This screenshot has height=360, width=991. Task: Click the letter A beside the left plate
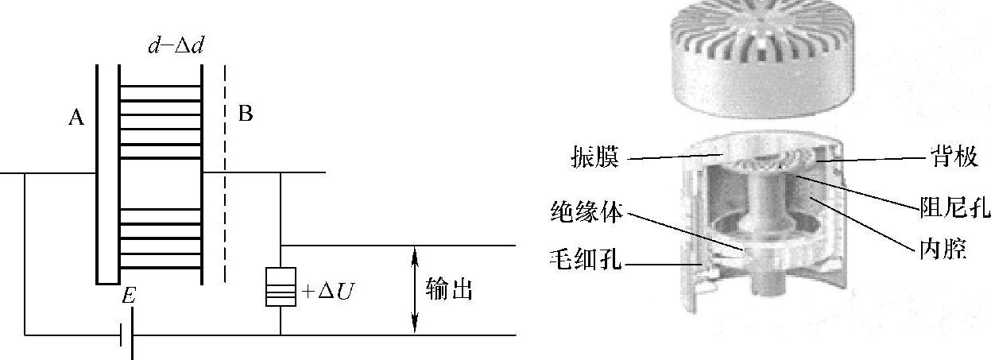(x=76, y=118)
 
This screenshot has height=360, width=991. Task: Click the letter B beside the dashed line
(x=246, y=114)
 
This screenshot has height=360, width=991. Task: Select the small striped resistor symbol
(x=280, y=288)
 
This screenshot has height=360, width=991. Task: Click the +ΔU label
(x=327, y=292)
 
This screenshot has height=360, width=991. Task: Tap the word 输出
(x=449, y=290)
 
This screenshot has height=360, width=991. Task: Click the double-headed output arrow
(x=413, y=290)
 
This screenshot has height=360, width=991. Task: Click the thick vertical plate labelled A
(x=103, y=175)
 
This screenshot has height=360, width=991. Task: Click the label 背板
(x=954, y=157)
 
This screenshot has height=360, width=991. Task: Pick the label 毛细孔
(x=586, y=258)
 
